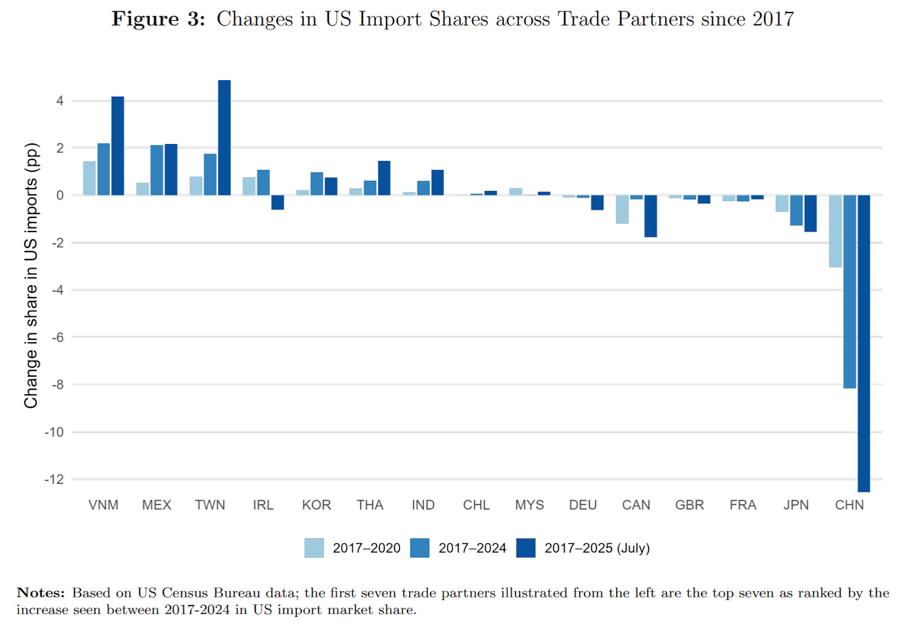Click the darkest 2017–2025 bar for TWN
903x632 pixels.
point(224,138)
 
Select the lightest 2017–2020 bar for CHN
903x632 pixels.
point(835,231)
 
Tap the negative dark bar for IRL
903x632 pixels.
point(277,202)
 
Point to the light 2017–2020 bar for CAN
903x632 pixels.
point(622,209)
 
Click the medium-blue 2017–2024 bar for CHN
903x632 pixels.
point(849,291)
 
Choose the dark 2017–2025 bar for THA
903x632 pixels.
point(384,178)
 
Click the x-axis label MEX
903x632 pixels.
point(156,505)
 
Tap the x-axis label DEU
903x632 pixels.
point(582,505)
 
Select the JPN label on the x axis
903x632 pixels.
point(796,505)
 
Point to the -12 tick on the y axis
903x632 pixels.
point(54,480)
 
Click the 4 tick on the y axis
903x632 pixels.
point(59,101)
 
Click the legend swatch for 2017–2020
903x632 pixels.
point(314,548)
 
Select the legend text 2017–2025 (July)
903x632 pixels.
point(597,548)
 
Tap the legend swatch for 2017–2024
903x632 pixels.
point(420,548)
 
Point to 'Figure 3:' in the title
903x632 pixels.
point(158,19)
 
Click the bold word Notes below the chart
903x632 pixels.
point(40,592)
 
